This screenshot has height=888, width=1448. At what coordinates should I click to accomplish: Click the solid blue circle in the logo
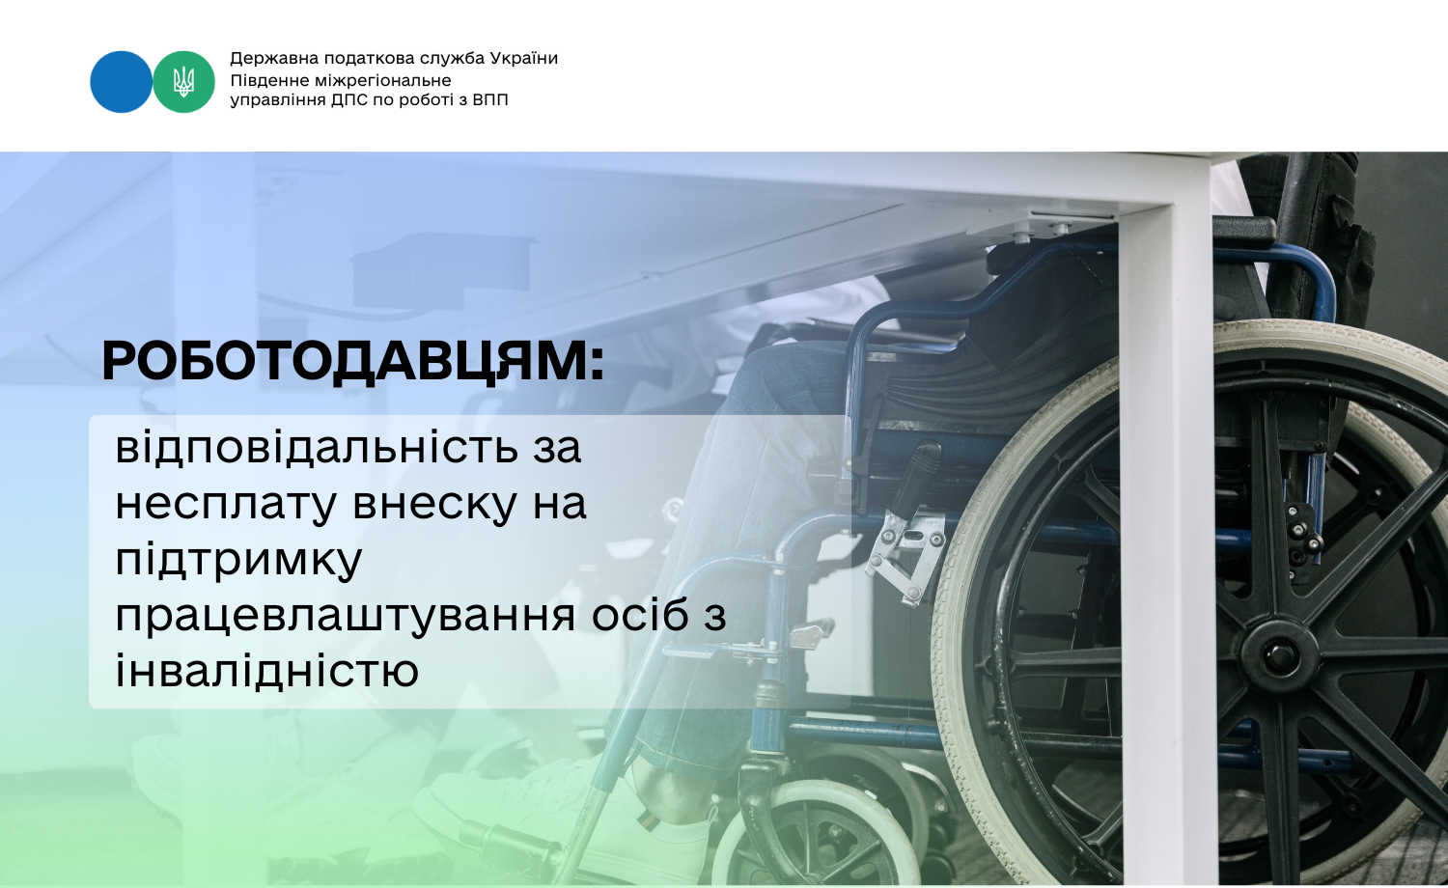tap(121, 82)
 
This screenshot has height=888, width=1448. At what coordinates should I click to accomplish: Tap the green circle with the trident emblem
tap(183, 82)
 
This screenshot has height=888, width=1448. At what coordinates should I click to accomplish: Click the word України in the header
tap(523, 58)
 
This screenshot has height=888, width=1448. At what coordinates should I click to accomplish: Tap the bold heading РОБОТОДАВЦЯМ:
tap(353, 362)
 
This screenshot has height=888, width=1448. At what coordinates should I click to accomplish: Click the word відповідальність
tap(317, 447)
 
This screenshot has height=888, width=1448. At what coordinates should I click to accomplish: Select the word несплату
tap(226, 504)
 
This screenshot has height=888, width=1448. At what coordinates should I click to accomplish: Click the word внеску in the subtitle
tap(434, 504)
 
